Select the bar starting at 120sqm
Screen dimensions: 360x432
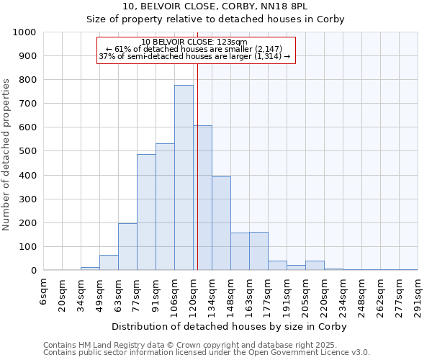point(202,198)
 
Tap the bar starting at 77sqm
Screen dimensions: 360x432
point(146,212)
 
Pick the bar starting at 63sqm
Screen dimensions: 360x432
point(127,247)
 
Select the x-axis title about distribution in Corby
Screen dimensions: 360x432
point(229,327)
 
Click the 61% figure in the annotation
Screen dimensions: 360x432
point(122,49)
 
